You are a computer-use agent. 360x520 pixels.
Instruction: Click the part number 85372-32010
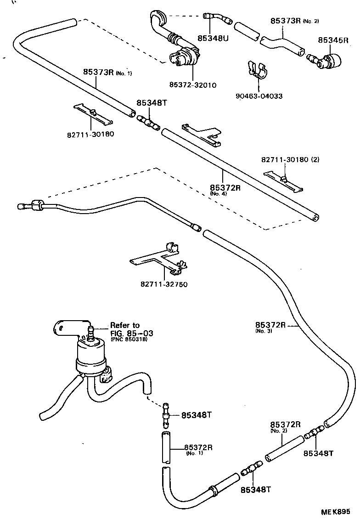pos(193,85)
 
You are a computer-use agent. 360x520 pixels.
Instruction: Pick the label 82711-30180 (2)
pos(290,160)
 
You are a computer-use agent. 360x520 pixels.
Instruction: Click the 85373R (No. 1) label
pos(107,72)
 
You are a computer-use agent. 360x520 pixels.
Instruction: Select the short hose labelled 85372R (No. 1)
pos(166,447)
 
